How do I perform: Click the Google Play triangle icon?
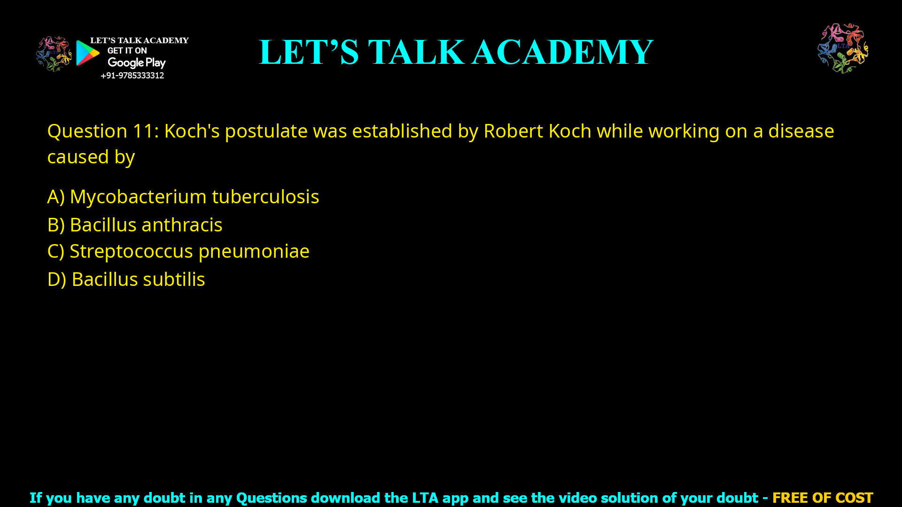(87, 53)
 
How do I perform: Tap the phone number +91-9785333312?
(132, 76)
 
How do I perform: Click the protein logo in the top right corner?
(843, 48)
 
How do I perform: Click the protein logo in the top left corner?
(54, 54)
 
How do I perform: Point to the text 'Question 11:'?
(103, 131)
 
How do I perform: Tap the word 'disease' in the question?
(801, 131)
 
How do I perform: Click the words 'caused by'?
(91, 157)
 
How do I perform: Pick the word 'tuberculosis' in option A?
(265, 197)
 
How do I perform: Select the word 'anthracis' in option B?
(182, 225)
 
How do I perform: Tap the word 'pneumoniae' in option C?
(254, 251)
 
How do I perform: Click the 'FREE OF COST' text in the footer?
(822, 498)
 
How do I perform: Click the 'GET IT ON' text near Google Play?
(127, 51)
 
